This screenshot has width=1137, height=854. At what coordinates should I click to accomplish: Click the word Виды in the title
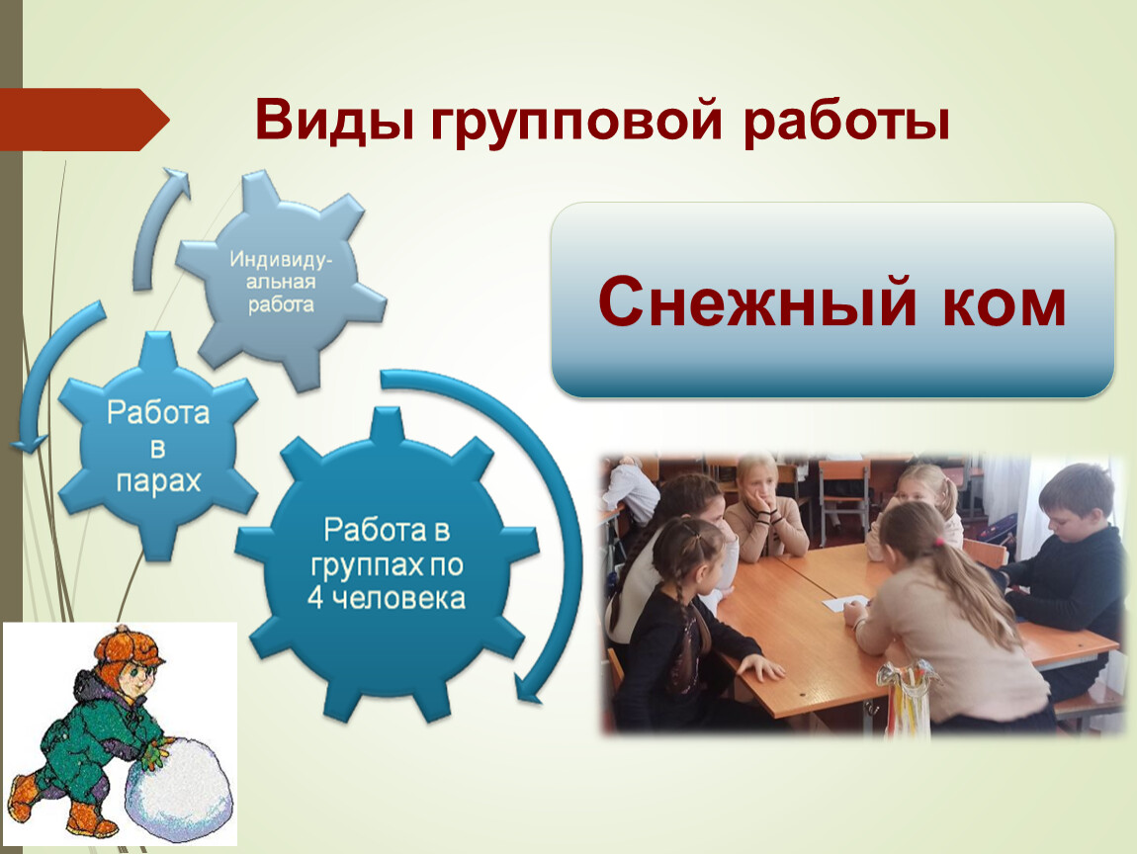tap(334, 120)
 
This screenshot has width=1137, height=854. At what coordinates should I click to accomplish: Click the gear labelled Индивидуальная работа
tap(282, 281)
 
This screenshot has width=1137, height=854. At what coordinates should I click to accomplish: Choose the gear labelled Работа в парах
tap(158, 446)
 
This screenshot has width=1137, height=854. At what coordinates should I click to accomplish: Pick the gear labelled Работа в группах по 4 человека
tap(387, 564)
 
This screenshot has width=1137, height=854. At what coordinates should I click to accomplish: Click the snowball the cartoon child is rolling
tap(179, 790)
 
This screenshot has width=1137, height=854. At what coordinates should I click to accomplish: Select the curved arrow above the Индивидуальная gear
tap(159, 224)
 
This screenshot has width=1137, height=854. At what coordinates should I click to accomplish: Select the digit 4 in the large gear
tap(315, 599)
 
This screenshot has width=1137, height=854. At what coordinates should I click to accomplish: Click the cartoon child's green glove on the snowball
tap(155, 756)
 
